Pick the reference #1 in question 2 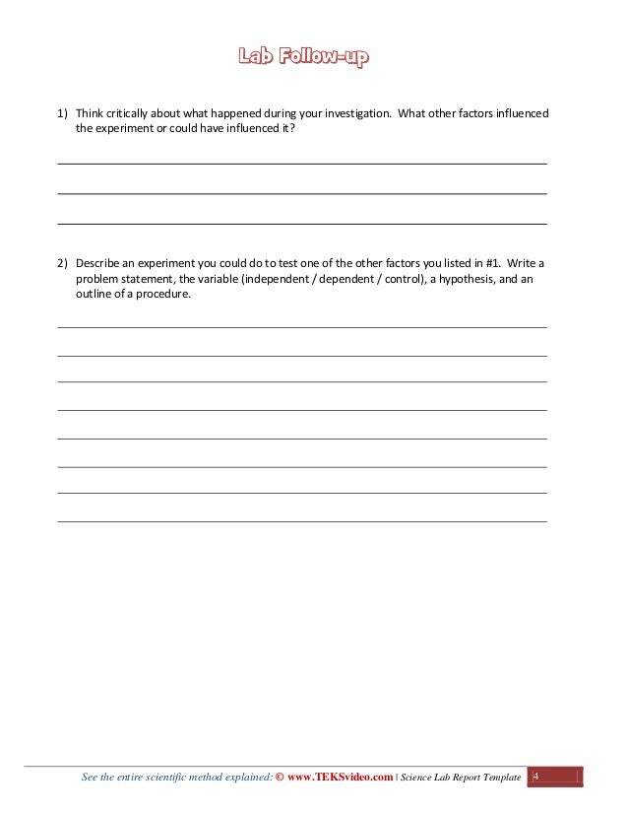point(489,264)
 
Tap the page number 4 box point(536,778)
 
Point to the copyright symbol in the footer point(281,778)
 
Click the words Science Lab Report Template point(461,778)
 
